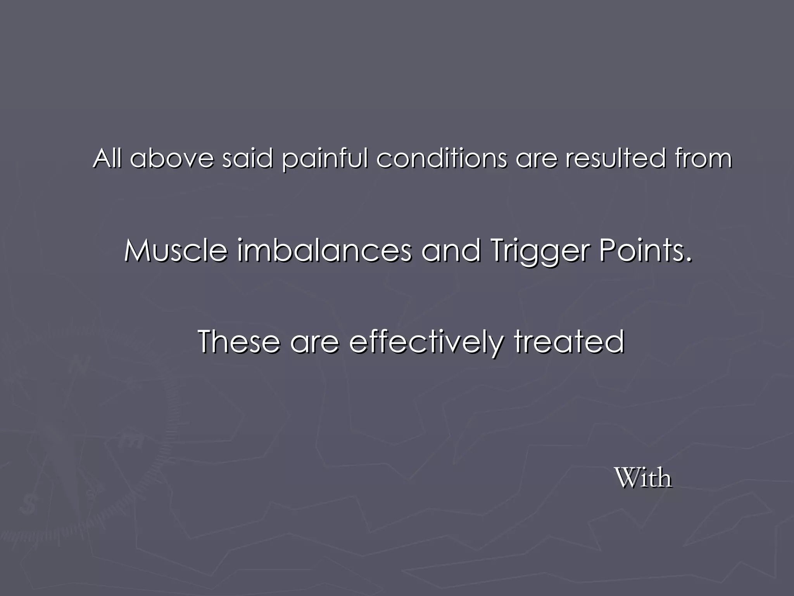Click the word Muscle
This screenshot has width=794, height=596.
click(x=176, y=250)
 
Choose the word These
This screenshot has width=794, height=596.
click(x=238, y=341)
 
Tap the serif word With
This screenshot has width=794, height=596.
click(x=643, y=478)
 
